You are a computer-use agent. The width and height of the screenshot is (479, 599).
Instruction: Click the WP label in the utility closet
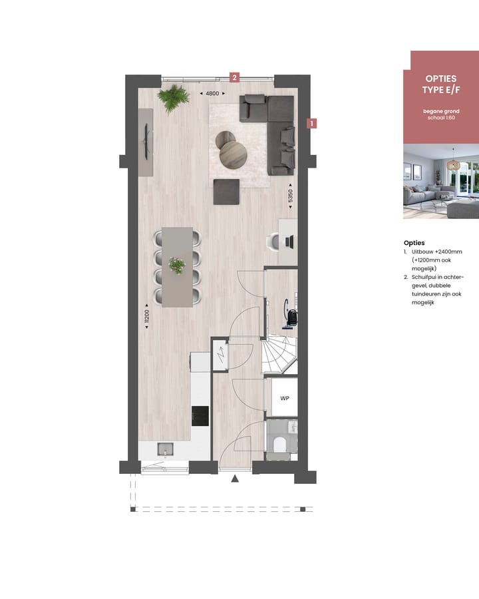point(284,399)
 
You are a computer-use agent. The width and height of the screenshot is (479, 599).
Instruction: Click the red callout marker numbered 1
point(311,123)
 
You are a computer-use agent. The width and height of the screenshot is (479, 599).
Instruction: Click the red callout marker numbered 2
point(234,77)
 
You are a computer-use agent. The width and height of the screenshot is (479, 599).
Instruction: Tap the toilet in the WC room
point(281,443)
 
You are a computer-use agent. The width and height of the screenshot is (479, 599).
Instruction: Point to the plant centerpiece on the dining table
point(177,266)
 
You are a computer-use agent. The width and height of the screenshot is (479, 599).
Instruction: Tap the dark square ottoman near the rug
point(226,192)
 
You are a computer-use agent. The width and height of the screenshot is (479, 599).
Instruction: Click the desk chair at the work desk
point(273,242)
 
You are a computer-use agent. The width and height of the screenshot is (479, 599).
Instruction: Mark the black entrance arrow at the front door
point(234,478)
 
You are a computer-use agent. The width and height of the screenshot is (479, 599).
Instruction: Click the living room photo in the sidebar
point(440,181)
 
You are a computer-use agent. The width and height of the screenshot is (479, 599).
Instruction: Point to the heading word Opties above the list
point(414,243)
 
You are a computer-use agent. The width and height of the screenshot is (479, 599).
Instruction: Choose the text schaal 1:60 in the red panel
point(441,117)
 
